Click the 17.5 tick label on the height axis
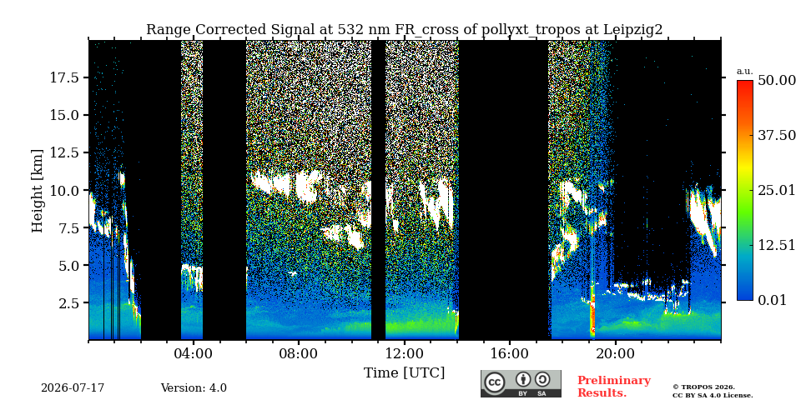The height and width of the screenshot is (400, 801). point(64,77)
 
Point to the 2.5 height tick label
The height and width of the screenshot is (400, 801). point(68,303)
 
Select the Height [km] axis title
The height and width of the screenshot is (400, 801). point(38,191)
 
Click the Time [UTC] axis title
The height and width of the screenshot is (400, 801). point(404,372)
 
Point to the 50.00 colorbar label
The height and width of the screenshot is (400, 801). point(777,81)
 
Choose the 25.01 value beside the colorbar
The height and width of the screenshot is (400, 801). point(777,191)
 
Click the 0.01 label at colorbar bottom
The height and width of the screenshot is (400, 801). point(772,300)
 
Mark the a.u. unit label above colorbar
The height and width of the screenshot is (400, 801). point(745,71)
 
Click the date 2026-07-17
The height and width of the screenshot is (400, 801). point(73,388)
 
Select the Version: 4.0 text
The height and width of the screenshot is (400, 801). point(194,388)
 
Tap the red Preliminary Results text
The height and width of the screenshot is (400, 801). point(614,387)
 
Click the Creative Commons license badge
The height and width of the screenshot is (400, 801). point(521,383)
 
